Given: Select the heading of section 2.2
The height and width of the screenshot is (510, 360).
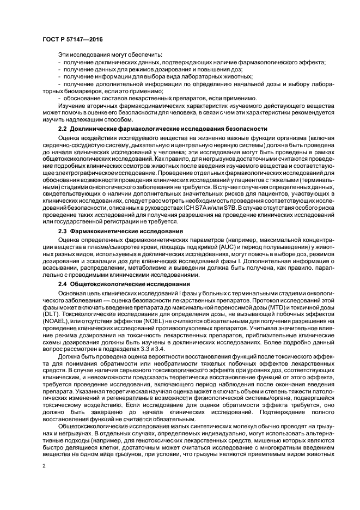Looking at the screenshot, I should [162, 129].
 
